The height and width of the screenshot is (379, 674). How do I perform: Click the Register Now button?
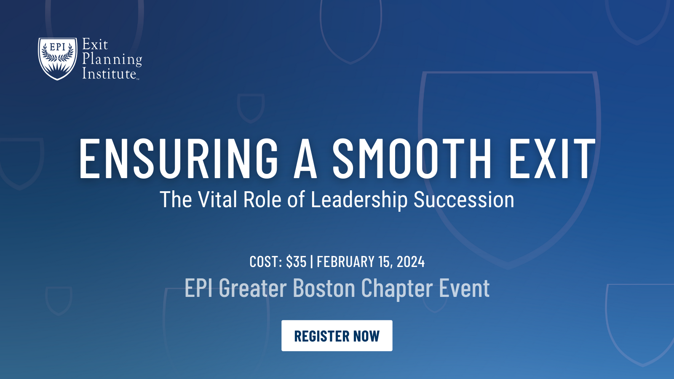pos(337,336)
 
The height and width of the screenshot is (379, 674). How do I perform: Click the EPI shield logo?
pos(58,59)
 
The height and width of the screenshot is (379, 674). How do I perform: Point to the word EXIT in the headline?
pos(552,158)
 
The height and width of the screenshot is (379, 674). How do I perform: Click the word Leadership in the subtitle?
pos(359,200)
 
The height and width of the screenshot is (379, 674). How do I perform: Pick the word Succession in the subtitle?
pos(463,200)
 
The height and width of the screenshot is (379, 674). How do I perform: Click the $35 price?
pos(296,262)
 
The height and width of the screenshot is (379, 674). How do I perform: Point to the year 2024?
pos(410,262)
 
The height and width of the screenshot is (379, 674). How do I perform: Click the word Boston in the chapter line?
pos(324,288)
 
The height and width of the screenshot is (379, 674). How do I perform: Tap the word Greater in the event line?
pos(253,288)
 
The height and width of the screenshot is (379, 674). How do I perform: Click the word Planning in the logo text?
pos(112,59)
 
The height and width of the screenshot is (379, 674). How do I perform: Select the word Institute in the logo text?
pos(109,74)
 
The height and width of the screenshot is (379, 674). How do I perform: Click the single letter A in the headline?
pos(305,158)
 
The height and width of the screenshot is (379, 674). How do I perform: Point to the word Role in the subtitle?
pos(262,200)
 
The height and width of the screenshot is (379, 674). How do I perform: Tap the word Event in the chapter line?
pos(464,288)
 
